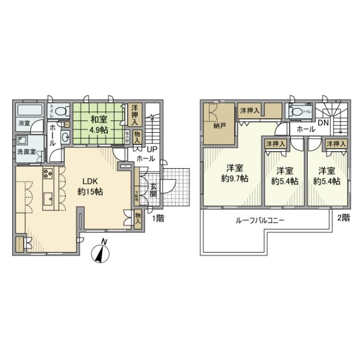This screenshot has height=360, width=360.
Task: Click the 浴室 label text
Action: [x=24, y=123]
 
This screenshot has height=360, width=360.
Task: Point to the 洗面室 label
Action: [x=25, y=151]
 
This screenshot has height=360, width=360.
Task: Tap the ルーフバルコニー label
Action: [x=259, y=221]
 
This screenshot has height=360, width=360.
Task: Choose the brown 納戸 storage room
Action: [x=217, y=121]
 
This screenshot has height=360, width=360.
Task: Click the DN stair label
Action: [x=323, y=122]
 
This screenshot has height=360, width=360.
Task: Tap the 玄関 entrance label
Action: [x=153, y=191]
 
